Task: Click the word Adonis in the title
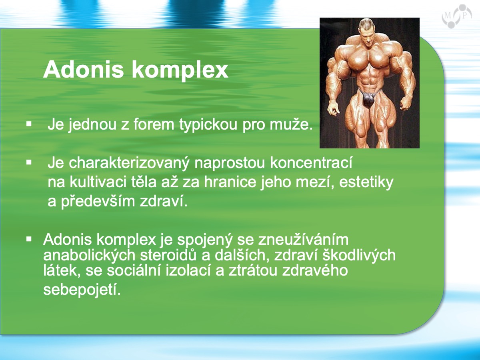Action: [84, 70]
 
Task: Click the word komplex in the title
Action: [180, 70]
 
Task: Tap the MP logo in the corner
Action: [457, 17]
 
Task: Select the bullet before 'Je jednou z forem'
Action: [29, 124]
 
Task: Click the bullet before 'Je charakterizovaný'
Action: [29, 162]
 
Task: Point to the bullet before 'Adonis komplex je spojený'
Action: [29, 239]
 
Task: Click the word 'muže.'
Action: [291, 124]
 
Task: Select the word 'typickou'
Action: [208, 125]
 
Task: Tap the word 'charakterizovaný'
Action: [129, 163]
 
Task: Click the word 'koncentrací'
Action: [311, 163]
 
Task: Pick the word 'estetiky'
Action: [366, 182]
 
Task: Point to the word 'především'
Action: [98, 201]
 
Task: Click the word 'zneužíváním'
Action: [303, 240]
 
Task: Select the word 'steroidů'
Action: [168, 255]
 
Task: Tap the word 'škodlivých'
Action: [359, 255]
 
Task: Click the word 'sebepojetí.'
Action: [82, 290]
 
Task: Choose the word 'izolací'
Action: [188, 270]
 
